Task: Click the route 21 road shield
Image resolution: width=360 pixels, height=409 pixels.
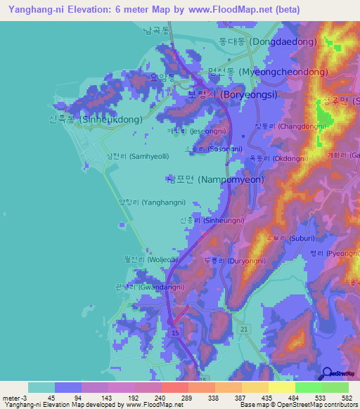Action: coord(244,329)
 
